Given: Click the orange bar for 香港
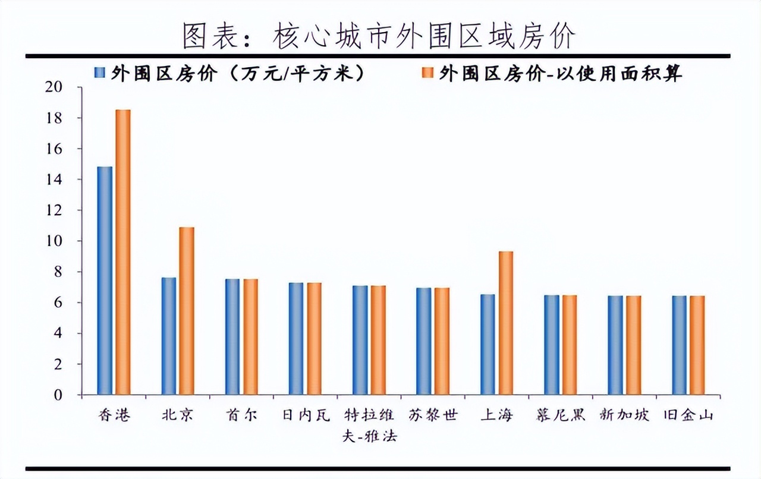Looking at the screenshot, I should pos(123,252).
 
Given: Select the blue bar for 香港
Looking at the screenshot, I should pos(105,281).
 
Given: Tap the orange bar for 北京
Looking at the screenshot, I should pos(187,311).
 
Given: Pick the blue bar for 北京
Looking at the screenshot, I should pos(169,336).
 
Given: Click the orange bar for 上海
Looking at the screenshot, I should pos(505,323).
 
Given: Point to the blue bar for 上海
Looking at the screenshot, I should pos(488,344).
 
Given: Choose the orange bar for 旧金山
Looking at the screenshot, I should pos(697,345).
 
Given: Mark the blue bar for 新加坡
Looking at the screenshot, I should pos(615,345).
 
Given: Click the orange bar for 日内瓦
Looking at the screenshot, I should pos(314,339).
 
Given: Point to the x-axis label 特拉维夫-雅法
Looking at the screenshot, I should pos(369,424).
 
